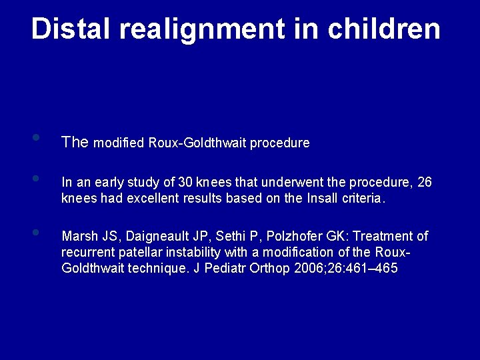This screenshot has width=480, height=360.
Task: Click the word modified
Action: pos(120,143)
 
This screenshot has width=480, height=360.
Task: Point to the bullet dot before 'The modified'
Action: pos(35,138)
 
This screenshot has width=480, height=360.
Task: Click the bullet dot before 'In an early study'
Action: pos(35,178)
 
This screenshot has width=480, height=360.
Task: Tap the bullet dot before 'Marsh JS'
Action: pos(35,233)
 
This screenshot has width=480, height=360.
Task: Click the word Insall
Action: pos(305,198)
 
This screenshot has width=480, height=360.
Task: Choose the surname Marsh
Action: pos(78,237)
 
